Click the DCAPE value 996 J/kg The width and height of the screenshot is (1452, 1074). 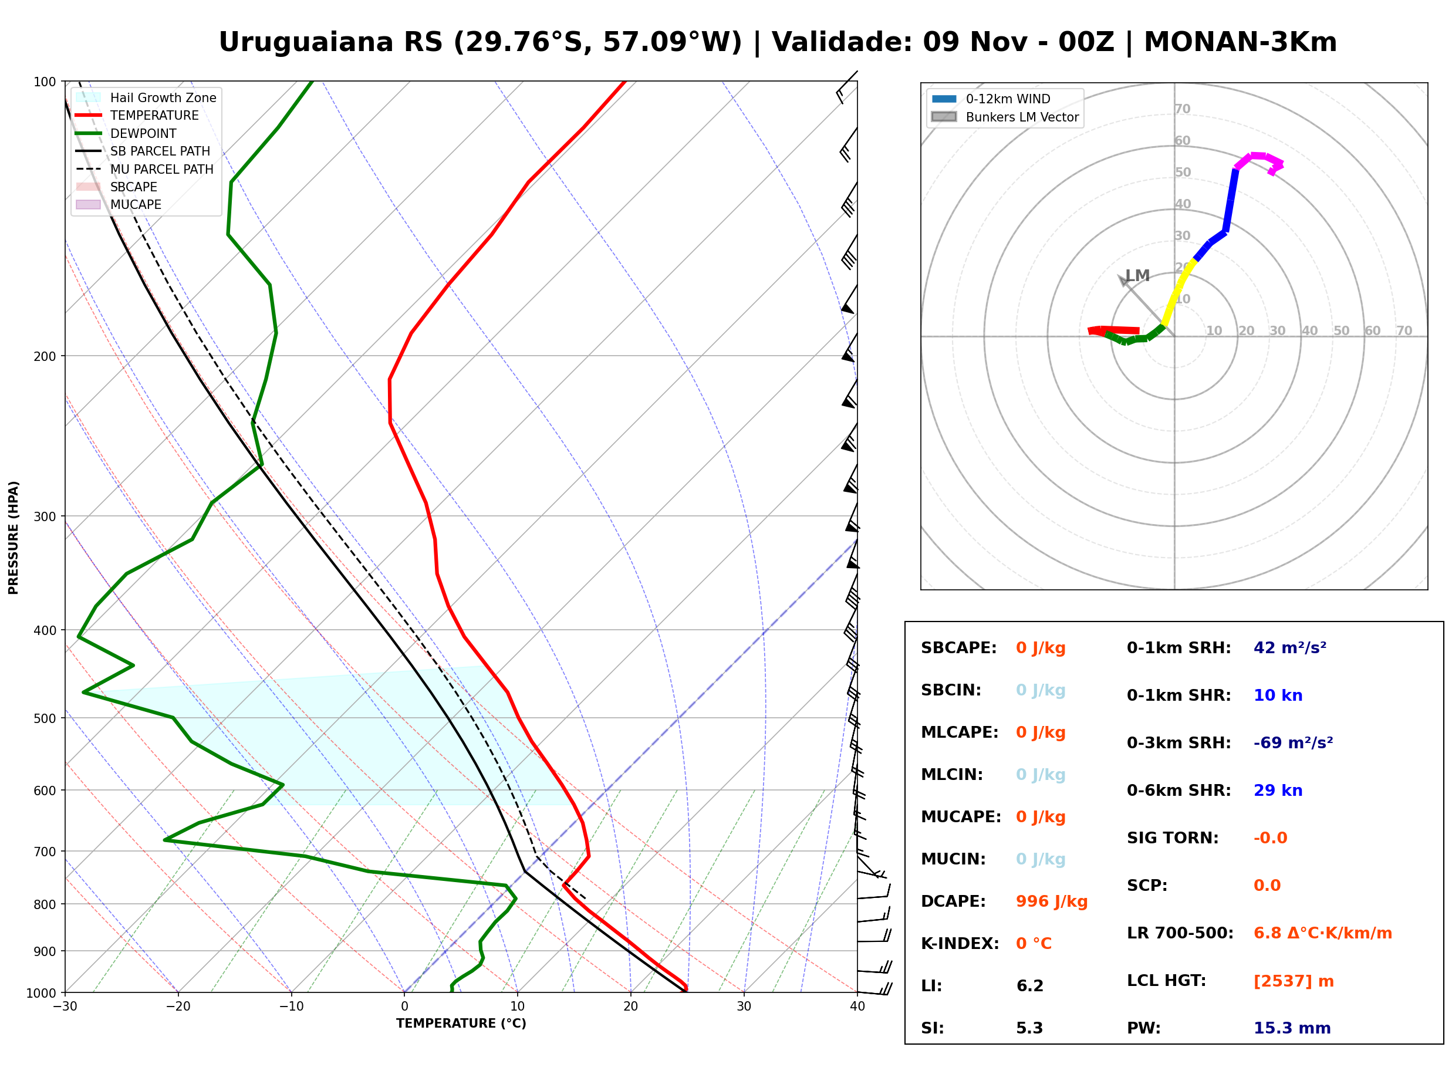click(1051, 901)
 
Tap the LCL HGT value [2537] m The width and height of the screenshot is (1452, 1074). click(1293, 981)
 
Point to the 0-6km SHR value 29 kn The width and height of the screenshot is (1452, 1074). click(1277, 791)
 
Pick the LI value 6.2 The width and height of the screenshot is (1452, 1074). click(1029, 986)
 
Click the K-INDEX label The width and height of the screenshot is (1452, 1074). click(960, 944)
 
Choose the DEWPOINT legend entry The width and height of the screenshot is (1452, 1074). click(126, 133)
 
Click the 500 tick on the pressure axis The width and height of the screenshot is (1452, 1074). click(46, 718)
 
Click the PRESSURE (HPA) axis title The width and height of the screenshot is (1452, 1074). click(13, 538)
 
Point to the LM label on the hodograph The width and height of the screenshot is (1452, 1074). click(1137, 276)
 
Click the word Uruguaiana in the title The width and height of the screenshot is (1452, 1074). click(306, 42)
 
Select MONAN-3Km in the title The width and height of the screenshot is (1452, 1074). click(1240, 42)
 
